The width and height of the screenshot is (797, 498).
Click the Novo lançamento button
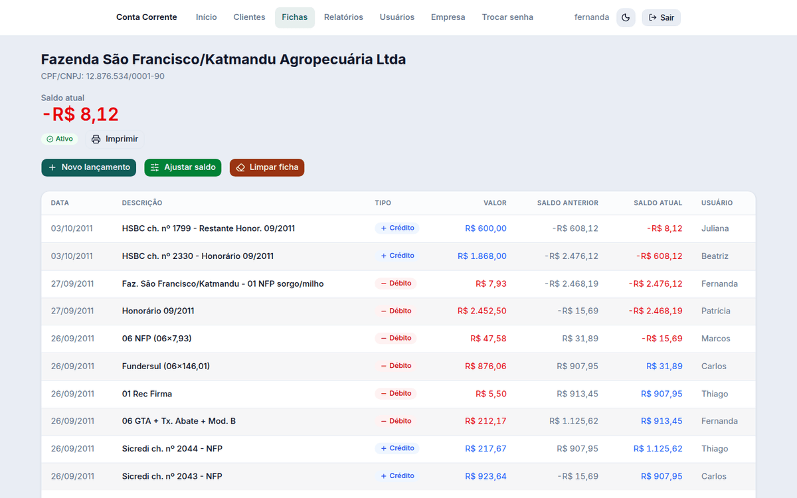88,167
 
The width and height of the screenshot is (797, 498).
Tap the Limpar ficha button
267,167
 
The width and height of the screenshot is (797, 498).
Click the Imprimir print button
114,139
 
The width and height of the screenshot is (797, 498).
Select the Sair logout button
661,17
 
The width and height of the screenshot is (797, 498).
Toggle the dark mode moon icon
626,17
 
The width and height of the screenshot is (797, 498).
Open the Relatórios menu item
343,17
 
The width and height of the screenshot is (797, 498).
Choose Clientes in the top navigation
249,17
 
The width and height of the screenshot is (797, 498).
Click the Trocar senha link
507,17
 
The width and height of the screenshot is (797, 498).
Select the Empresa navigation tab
448,17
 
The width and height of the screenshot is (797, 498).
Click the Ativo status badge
60,139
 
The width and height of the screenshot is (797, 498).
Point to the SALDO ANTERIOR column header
567,203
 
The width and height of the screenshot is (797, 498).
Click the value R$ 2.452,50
482,311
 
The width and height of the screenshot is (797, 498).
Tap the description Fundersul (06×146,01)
166,366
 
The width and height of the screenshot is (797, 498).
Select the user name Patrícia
715,311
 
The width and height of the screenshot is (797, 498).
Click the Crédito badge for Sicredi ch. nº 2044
397,448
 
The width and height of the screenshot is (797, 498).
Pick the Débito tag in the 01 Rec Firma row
396,393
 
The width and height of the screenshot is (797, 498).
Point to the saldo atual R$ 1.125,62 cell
658,449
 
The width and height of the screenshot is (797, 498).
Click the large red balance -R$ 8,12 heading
80,114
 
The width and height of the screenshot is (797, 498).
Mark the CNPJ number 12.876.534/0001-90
126,76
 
